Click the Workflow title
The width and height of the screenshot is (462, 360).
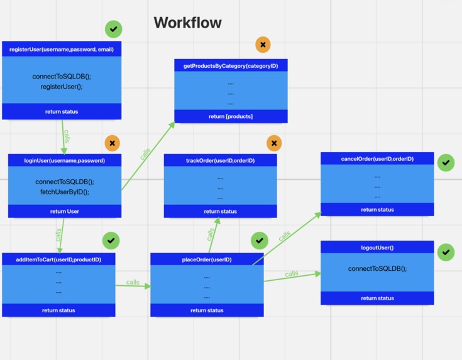187,23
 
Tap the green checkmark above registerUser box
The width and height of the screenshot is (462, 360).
114,29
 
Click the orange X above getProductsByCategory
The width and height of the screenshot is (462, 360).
263,45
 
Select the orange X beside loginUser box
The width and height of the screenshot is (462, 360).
113,143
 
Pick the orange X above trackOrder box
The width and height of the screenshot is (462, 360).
274,143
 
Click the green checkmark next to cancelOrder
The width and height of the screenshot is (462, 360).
446,163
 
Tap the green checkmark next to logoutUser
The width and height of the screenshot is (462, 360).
446,252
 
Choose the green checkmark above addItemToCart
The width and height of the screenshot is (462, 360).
111,240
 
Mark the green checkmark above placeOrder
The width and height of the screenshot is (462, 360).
260,240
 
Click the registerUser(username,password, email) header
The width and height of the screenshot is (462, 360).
62,49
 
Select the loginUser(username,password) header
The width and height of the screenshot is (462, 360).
64,161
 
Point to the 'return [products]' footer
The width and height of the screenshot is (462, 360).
231,116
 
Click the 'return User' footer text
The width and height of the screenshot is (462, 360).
64,212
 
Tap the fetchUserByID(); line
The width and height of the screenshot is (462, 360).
64,192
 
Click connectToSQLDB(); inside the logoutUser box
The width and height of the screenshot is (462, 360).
377,269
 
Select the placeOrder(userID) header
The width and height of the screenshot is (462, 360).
207,259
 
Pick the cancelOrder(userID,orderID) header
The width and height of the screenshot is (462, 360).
377,159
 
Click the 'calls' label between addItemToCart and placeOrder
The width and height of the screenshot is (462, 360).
133,282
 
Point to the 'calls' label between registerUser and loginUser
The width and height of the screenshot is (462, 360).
67,136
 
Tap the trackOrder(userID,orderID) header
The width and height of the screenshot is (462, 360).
220,161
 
